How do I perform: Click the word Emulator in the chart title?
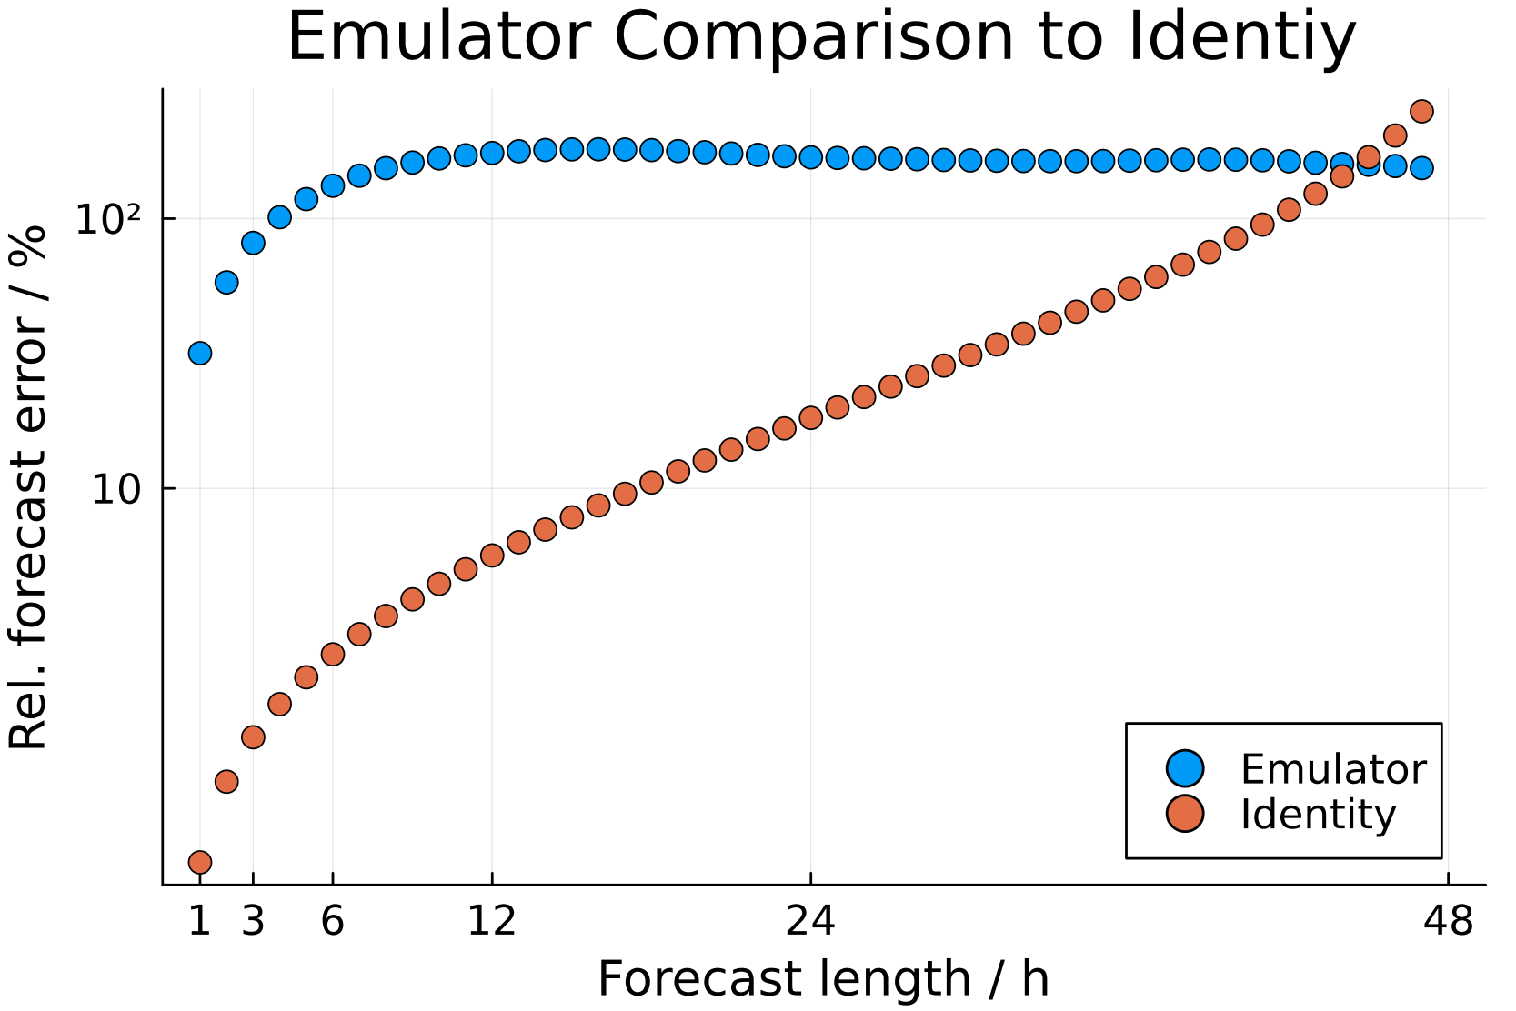pyautogui.click(x=434, y=36)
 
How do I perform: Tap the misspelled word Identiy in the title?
pyautogui.click(x=1240, y=38)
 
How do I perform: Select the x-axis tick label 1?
pyautogui.click(x=199, y=922)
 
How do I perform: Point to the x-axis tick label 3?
pyautogui.click(x=253, y=922)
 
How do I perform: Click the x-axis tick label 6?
pyautogui.click(x=333, y=922)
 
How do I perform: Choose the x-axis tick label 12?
pyautogui.click(x=492, y=922)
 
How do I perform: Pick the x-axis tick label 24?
pyautogui.click(x=810, y=922)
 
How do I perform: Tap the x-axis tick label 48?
pyautogui.click(x=1448, y=922)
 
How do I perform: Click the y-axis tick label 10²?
pyautogui.click(x=108, y=220)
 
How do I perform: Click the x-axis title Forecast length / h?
pyautogui.click(x=823, y=979)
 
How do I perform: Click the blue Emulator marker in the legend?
pyautogui.click(x=1185, y=769)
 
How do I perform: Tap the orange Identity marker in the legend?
pyautogui.click(x=1185, y=813)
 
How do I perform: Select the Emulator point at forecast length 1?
pyautogui.click(x=200, y=353)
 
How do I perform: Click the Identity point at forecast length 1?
pyautogui.click(x=200, y=861)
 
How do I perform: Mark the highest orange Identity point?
pyautogui.click(x=1421, y=111)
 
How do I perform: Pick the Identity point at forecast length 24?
pyautogui.click(x=810, y=417)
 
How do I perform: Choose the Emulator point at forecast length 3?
pyautogui.click(x=253, y=243)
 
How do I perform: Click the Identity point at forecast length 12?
pyautogui.click(x=492, y=555)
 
